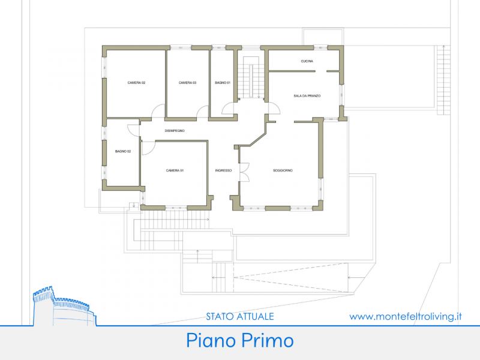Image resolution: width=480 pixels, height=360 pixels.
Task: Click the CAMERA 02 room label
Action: tap(136, 83)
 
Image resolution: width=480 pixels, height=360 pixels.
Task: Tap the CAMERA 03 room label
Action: tap(187, 83)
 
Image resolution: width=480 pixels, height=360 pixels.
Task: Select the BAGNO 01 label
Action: tap(223, 83)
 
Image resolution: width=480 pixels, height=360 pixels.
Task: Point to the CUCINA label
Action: tap(307, 61)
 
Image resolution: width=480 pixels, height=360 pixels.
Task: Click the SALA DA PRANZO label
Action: tap(307, 96)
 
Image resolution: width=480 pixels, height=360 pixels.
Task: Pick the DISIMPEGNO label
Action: tap(175, 131)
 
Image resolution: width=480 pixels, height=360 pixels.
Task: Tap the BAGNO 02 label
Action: tap(123, 151)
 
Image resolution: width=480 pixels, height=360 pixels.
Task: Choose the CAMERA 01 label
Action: tap(175, 170)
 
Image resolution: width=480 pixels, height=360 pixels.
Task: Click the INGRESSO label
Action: tap(223, 170)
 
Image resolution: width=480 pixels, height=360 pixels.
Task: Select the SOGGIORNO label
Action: tap(283, 170)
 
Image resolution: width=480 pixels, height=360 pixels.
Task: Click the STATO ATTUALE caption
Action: tap(240, 317)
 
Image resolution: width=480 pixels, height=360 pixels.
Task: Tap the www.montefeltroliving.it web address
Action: tap(406, 317)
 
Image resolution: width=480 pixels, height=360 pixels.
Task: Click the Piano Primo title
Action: tap(240, 340)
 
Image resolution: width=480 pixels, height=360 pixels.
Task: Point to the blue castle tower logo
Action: tap(64, 306)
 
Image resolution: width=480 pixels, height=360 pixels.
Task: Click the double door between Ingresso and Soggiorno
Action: tap(245, 172)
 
